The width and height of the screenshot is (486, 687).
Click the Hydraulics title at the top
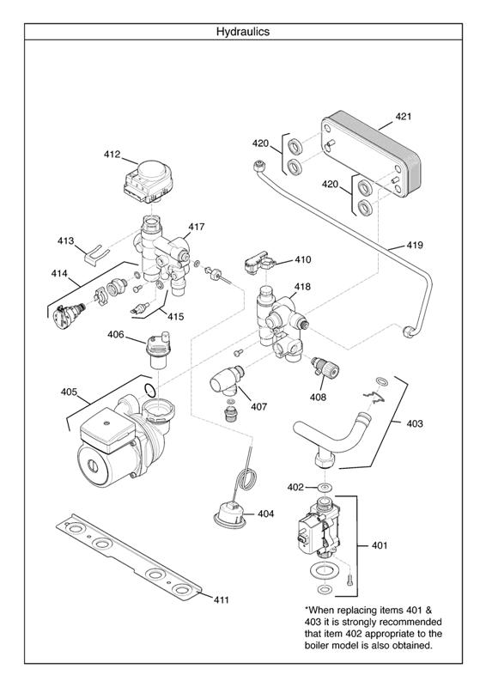(x=242, y=31)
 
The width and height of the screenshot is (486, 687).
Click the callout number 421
(x=404, y=116)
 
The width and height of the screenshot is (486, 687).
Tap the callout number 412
(x=112, y=155)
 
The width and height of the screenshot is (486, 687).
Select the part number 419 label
(x=415, y=246)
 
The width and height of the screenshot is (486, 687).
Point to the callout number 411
(x=221, y=599)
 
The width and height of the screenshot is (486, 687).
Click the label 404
(x=265, y=514)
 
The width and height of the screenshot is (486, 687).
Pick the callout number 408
(x=318, y=397)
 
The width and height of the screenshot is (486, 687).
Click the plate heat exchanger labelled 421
(x=370, y=161)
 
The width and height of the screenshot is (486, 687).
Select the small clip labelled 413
(x=94, y=252)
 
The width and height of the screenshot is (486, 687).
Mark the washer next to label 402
(x=325, y=488)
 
